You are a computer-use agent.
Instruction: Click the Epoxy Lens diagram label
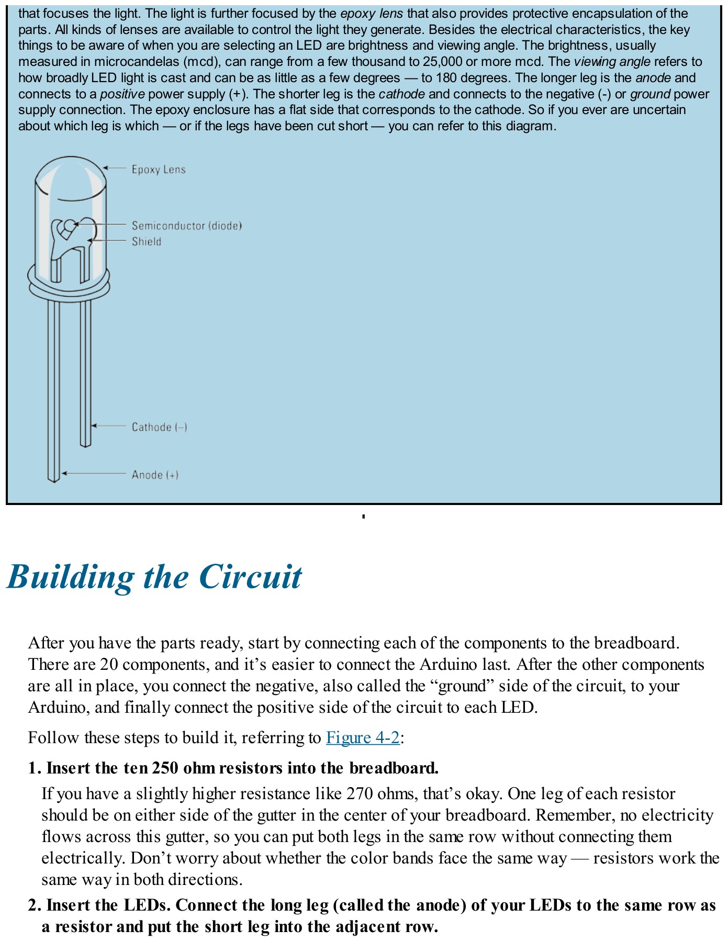159,170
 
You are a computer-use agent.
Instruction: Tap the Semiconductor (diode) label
186,226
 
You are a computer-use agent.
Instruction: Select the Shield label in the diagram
147,242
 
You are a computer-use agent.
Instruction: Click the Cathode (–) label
159,427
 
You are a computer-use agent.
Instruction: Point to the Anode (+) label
155,475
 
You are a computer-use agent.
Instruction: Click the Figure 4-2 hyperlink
363,737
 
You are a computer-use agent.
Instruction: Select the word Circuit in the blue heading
250,577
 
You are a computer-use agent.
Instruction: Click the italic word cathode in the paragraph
401,94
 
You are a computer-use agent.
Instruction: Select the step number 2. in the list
35,905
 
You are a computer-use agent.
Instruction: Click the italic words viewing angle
612,62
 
